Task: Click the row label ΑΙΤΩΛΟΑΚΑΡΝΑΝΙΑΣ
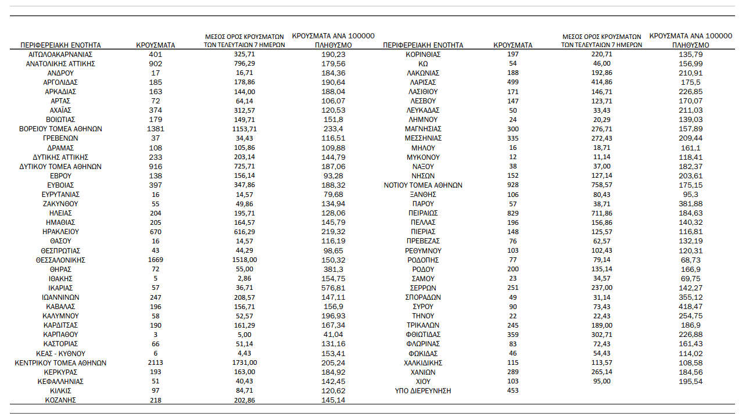point(60,55)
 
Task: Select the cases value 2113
point(155,363)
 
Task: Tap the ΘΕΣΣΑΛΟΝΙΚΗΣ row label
point(60,260)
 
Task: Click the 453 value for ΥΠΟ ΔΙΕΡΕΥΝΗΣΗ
point(512,391)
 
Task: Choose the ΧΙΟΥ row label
point(423,382)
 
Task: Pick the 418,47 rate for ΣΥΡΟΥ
point(690,307)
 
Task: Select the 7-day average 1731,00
point(245,363)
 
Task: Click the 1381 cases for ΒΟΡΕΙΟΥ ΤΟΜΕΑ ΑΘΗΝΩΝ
point(155,129)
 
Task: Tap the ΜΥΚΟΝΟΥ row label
point(423,157)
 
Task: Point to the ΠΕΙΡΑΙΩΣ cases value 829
point(512,213)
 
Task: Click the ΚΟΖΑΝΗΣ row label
point(60,400)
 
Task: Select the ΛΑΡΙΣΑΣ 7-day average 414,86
point(601,82)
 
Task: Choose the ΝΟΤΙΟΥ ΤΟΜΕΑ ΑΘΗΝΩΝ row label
point(423,185)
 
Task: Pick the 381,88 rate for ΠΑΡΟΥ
point(690,204)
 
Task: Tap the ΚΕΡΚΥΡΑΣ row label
point(60,372)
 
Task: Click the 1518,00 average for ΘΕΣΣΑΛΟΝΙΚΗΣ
point(245,260)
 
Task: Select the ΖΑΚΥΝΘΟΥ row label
point(60,204)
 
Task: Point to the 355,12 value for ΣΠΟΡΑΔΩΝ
point(690,297)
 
